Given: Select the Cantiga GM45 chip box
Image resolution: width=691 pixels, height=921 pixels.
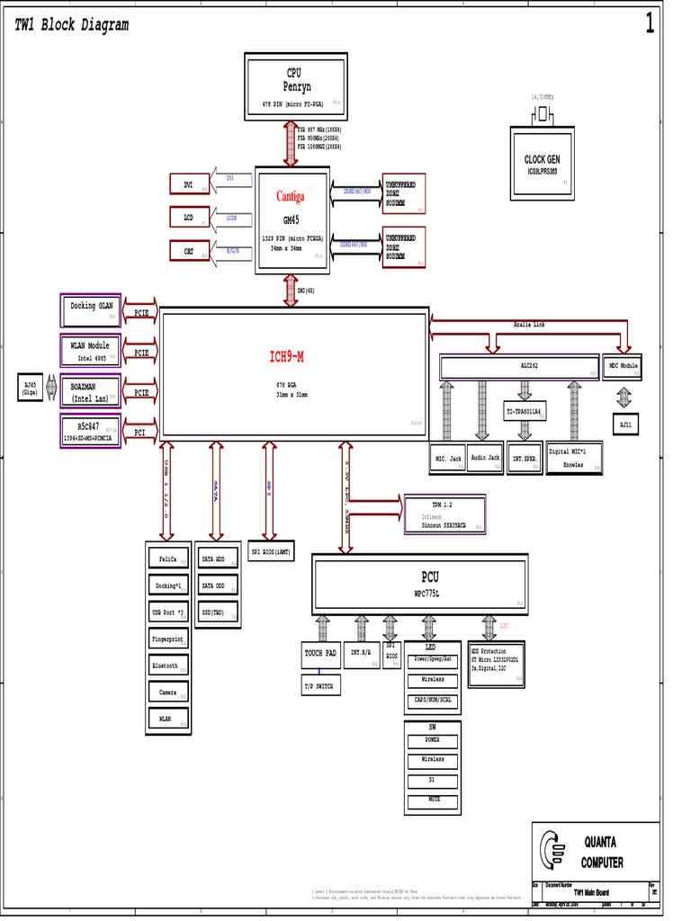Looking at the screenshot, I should pyautogui.click(x=291, y=217).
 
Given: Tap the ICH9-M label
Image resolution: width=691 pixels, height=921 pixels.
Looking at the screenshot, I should pyautogui.click(x=287, y=357).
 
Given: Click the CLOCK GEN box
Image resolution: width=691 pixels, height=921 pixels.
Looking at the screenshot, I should pyautogui.click(x=542, y=163).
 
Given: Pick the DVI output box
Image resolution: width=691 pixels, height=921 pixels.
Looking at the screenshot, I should pyautogui.click(x=189, y=184).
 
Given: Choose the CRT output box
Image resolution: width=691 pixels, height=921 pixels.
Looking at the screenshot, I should pyautogui.click(x=189, y=251).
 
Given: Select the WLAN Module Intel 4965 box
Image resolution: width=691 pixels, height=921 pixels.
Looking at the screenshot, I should pyautogui.click(x=91, y=351).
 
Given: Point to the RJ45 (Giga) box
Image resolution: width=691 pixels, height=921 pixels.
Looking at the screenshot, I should pyautogui.click(x=31, y=389).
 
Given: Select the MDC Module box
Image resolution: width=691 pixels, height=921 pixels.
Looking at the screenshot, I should pyautogui.click(x=622, y=367).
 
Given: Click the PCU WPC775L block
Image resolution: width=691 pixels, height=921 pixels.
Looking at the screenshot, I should pyautogui.click(x=419, y=584).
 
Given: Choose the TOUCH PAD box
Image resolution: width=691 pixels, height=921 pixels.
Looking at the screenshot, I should pyautogui.click(x=319, y=655).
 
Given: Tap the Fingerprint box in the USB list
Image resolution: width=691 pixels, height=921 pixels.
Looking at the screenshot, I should pyautogui.click(x=168, y=639).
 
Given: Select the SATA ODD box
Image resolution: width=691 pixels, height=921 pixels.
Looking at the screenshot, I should pyautogui.click(x=218, y=586).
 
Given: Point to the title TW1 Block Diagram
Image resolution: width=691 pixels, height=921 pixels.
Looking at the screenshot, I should pyautogui.click(x=72, y=25).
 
